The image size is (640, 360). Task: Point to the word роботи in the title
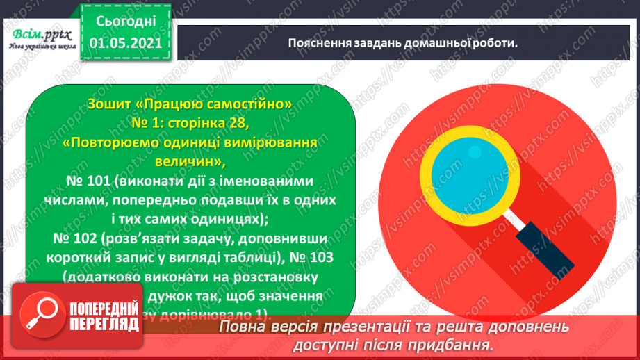493,43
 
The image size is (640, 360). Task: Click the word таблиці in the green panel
256,257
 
